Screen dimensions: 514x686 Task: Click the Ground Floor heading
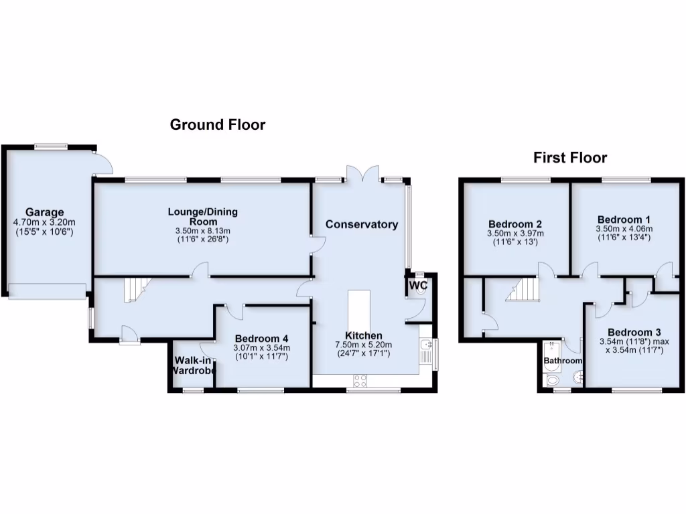pos(217,124)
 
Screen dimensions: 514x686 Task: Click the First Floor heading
pos(569,158)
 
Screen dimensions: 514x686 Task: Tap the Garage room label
pos(45,213)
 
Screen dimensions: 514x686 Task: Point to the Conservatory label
pos(362,225)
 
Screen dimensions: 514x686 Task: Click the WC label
pos(418,286)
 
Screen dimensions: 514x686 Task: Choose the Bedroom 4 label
pos(261,339)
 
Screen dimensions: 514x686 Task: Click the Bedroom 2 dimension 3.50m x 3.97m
pos(515,234)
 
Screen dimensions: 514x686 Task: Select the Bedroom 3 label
pos(634,333)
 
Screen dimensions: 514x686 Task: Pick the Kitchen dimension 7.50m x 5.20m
pos(363,345)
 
